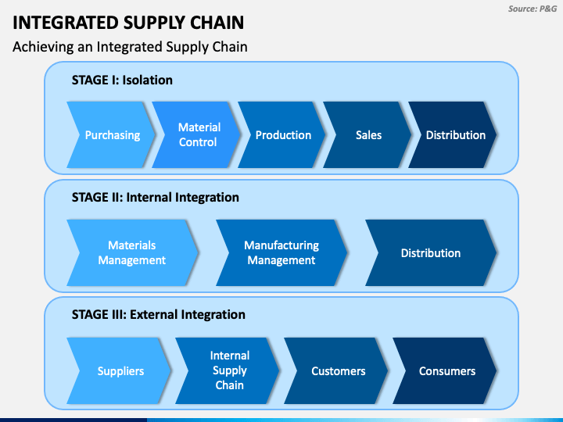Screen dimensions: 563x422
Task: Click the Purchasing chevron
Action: tap(111, 135)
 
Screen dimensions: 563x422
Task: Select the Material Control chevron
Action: tap(197, 135)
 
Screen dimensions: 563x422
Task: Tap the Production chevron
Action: tap(282, 135)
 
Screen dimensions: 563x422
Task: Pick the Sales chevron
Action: tap(368, 135)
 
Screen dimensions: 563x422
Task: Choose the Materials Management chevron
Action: tap(133, 252)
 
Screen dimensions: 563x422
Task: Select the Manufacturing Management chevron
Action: tap(282, 252)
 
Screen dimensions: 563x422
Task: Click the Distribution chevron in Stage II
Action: tap(431, 252)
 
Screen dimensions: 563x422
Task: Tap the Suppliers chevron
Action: tap(119, 370)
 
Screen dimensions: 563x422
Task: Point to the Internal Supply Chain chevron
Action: tap(228, 370)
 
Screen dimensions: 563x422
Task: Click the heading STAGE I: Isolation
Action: tap(122, 80)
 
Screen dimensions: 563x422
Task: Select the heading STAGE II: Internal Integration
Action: tap(156, 198)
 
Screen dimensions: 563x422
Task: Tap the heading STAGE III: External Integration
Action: tap(158, 315)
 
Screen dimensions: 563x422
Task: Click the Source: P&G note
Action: tap(533, 9)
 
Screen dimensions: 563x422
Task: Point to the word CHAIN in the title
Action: tap(217, 23)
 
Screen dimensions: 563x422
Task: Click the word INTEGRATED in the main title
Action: tap(66, 23)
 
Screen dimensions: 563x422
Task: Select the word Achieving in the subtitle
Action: tap(43, 47)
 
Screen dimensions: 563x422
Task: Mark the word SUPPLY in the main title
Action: tap(154, 23)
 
